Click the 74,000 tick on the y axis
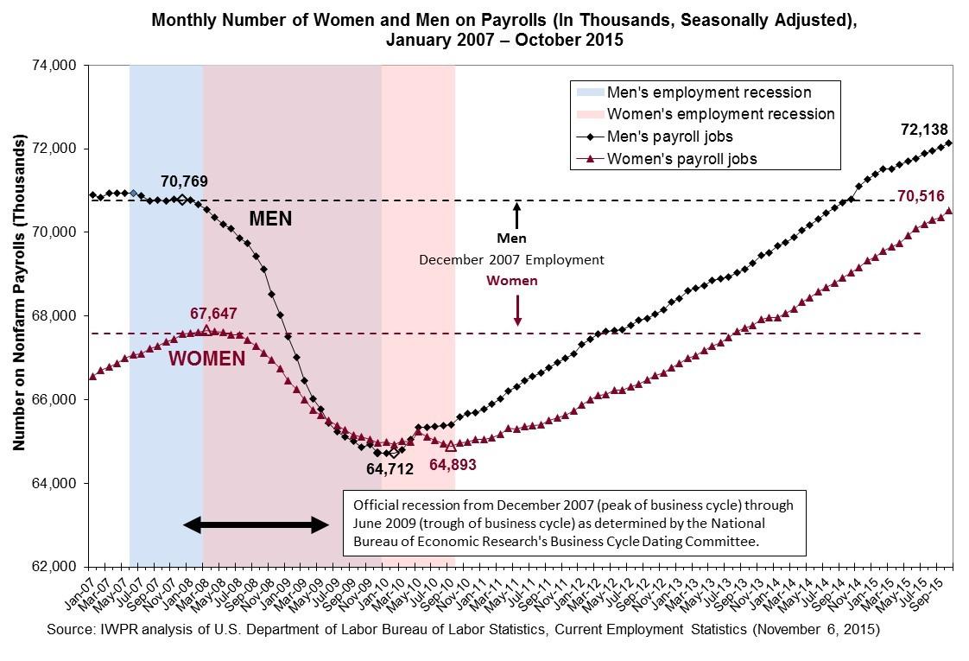point(54,66)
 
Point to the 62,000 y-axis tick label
point(54,567)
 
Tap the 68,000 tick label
point(54,316)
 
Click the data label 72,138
point(924,130)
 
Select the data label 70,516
point(921,196)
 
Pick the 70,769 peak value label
point(184,181)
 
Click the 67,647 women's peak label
point(213,314)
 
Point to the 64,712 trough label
point(390,469)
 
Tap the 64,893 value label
point(453,464)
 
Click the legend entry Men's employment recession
point(693,92)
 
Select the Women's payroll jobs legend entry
point(666,159)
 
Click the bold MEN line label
point(270,219)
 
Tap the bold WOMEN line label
point(207,359)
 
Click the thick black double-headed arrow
point(256,525)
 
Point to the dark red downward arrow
point(518,310)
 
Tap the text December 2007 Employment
point(511,260)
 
